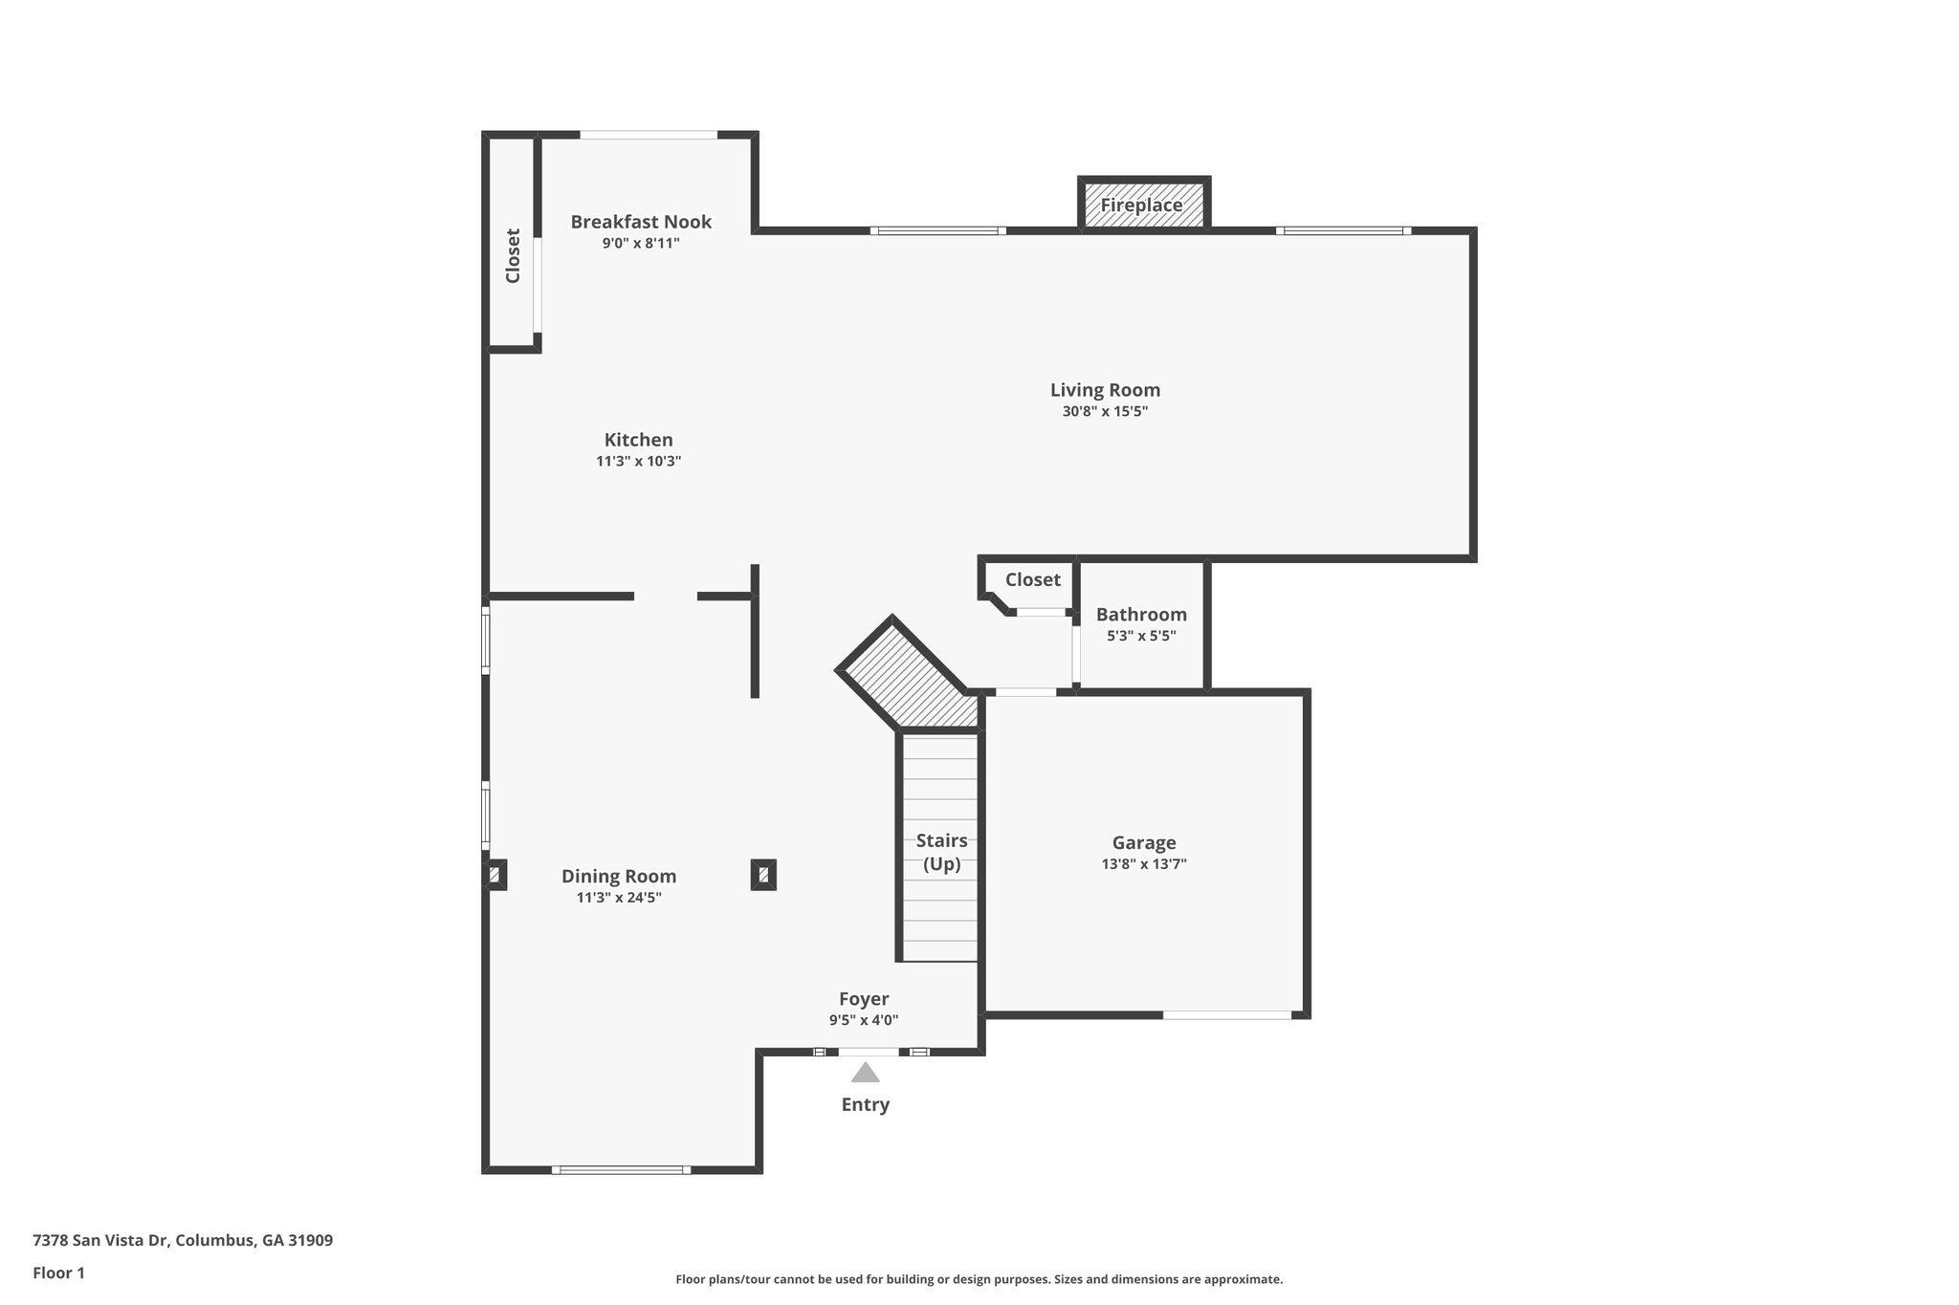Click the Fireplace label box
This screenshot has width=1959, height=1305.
coord(1142,205)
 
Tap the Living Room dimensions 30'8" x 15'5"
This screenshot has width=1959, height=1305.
coord(1105,412)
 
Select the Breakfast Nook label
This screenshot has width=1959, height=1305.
coord(641,222)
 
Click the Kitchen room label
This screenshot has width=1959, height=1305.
coord(638,440)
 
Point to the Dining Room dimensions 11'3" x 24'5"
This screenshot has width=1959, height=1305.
coord(619,898)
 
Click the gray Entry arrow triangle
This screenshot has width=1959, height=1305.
coord(865,1073)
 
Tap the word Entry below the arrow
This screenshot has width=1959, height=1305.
coord(865,1104)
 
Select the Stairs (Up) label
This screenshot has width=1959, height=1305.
coord(941,852)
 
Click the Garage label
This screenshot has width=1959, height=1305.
coord(1144,842)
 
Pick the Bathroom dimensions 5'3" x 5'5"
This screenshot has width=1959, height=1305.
coord(1141,636)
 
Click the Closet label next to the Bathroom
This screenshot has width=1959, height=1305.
coord(1032,579)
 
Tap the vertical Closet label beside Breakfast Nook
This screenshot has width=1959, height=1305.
coord(513,255)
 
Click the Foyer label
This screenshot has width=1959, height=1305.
coord(864,999)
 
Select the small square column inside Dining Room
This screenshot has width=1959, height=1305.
coord(762,875)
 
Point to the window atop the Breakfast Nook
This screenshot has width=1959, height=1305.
coord(649,135)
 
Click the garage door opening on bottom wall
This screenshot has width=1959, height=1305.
coord(1226,1014)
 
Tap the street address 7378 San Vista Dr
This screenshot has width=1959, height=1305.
coord(183,1240)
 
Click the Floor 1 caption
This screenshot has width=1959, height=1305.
coord(58,1272)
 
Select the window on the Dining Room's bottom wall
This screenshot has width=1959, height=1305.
coord(620,1169)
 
